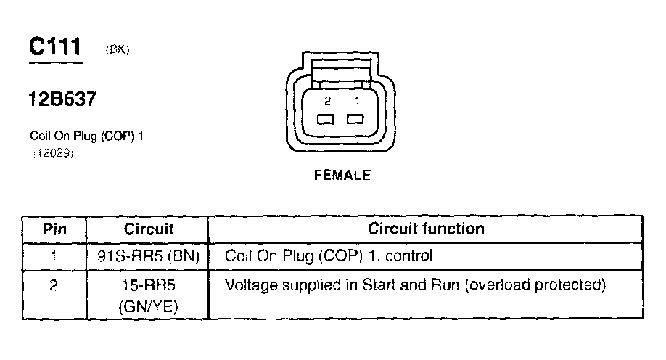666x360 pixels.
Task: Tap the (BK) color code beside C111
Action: pyautogui.click(x=117, y=50)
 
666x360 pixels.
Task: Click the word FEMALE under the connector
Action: pyautogui.click(x=342, y=176)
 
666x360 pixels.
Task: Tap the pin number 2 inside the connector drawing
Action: pyautogui.click(x=328, y=101)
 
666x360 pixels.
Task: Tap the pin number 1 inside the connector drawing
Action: pyautogui.click(x=356, y=101)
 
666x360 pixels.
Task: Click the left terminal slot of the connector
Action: pyautogui.click(x=326, y=119)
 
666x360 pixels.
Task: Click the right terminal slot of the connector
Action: pyautogui.click(x=355, y=119)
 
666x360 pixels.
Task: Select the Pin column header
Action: pyautogui.click(x=54, y=229)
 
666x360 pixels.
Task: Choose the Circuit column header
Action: pyautogui.click(x=149, y=229)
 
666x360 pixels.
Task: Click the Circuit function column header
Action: pyautogui.click(x=426, y=229)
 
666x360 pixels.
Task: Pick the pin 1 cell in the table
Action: pyautogui.click(x=54, y=255)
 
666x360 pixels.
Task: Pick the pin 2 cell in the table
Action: pyautogui.click(x=54, y=285)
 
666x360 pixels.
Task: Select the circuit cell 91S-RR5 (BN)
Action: pyautogui.click(x=149, y=255)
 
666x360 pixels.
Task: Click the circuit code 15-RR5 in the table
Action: pyautogui.click(x=149, y=285)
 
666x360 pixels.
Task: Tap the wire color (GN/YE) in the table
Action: pyautogui.click(x=149, y=307)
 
